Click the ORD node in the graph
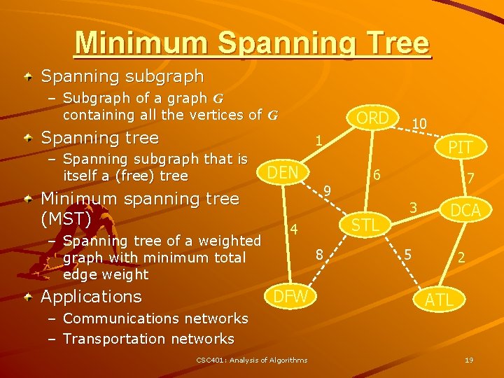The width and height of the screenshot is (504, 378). pyautogui.click(x=372, y=118)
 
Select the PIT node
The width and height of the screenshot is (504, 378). pyautogui.click(x=461, y=147)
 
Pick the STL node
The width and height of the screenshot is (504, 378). pyautogui.click(x=365, y=225)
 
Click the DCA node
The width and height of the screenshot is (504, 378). pyautogui.click(x=465, y=210)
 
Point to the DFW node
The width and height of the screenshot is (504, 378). pyautogui.click(x=290, y=296)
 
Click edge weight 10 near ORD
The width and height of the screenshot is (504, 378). pyautogui.click(x=420, y=124)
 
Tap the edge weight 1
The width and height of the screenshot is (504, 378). pyautogui.click(x=318, y=141)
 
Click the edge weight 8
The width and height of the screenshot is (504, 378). pyautogui.click(x=318, y=256)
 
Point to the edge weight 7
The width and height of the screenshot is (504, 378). pyautogui.click(x=471, y=179)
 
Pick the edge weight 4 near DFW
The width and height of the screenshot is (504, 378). pyautogui.click(x=295, y=230)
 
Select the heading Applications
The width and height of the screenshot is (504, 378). pyautogui.click(x=91, y=297)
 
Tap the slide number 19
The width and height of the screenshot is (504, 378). pyautogui.click(x=469, y=360)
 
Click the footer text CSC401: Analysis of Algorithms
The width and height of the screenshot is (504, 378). pyautogui.click(x=251, y=360)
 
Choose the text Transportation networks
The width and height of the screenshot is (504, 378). pyautogui.click(x=148, y=339)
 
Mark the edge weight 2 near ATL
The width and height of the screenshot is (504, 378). pyautogui.click(x=461, y=257)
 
